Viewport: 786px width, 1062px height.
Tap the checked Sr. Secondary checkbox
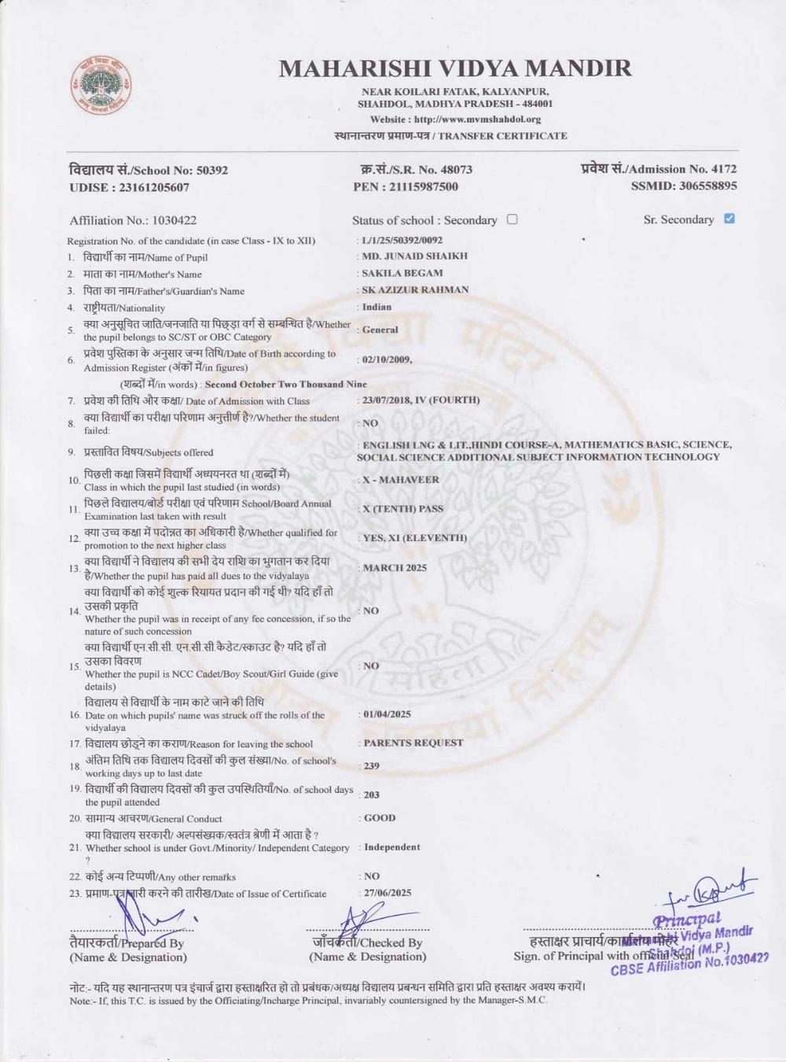(729, 219)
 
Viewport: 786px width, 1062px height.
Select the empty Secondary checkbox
(512, 219)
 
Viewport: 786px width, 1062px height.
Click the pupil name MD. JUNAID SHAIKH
(414, 256)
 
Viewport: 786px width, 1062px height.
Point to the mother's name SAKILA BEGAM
(402, 273)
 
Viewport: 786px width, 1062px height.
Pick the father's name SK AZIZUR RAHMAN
(415, 289)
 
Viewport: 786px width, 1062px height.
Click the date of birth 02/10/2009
(386, 359)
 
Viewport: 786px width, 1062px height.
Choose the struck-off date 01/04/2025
(387, 714)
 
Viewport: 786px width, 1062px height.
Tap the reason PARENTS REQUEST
(413, 743)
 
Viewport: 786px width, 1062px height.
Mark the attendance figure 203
(372, 795)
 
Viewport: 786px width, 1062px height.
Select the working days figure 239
(372, 765)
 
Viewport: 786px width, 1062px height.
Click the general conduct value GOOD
(380, 818)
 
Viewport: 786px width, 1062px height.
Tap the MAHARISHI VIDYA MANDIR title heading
(455, 68)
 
